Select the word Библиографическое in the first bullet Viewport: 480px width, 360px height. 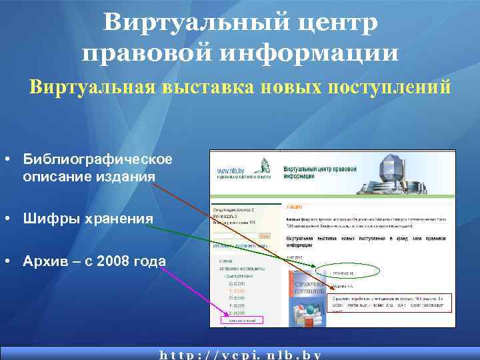click(x=98, y=159)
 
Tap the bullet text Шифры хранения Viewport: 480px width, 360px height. click(x=88, y=218)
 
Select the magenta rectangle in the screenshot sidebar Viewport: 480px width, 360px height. click(x=241, y=321)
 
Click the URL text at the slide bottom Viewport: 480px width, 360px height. click(x=241, y=354)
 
